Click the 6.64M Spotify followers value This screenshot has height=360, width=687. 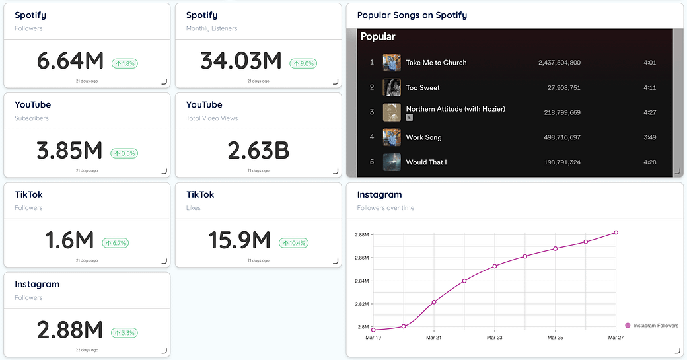coord(70,61)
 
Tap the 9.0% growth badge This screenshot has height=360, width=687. coord(303,64)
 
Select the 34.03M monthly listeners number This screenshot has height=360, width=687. coord(241,61)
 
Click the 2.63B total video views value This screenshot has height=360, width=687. coord(258,151)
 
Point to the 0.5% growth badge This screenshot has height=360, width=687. coord(124,154)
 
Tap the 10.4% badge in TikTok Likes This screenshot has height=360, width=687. coord(293,243)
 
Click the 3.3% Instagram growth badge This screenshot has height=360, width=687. coord(124,333)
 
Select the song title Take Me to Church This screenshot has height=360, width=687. coord(436,63)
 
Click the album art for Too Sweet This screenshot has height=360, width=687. coord(392,87)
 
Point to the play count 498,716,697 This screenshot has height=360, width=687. coord(560,137)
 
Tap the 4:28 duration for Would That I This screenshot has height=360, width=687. coord(649,162)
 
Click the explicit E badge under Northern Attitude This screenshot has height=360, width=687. coord(410,117)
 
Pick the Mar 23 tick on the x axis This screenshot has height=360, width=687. coord(494,337)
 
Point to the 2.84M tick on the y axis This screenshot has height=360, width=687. coord(361,281)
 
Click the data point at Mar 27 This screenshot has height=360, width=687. coord(616,233)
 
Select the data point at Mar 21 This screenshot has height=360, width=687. coord(434,302)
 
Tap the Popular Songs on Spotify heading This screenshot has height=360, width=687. coord(412,15)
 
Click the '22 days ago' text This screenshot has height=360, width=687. coord(87,350)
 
